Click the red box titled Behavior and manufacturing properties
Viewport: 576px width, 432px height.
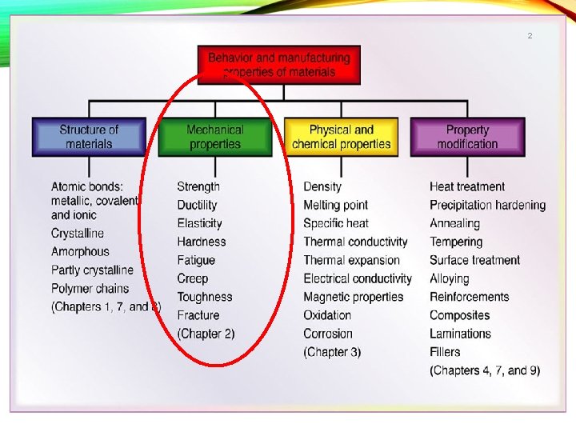coord(279,65)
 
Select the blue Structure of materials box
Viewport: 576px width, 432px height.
coord(89,137)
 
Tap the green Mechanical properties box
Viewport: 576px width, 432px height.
coord(214,137)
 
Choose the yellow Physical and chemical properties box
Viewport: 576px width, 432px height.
coord(342,137)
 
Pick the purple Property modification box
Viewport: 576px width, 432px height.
coord(467,137)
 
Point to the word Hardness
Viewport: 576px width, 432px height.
coord(202,242)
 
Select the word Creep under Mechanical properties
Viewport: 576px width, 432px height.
coord(193,278)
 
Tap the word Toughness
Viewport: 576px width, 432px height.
coord(205,297)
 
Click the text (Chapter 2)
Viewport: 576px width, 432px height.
coord(206,334)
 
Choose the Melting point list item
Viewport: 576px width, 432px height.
coord(335,205)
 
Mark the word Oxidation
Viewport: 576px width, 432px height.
coord(327,315)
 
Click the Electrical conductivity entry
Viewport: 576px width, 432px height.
coord(358,278)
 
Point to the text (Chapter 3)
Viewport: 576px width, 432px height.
coord(332,352)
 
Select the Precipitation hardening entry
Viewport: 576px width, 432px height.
coord(487,205)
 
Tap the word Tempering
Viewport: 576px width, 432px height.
coord(456,242)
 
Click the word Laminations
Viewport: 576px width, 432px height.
coord(460,334)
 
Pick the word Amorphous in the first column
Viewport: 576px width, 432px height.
coord(80,252)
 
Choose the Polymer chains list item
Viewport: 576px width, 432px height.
coord(90,289)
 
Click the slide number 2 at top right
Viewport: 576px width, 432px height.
coord(530,36)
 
